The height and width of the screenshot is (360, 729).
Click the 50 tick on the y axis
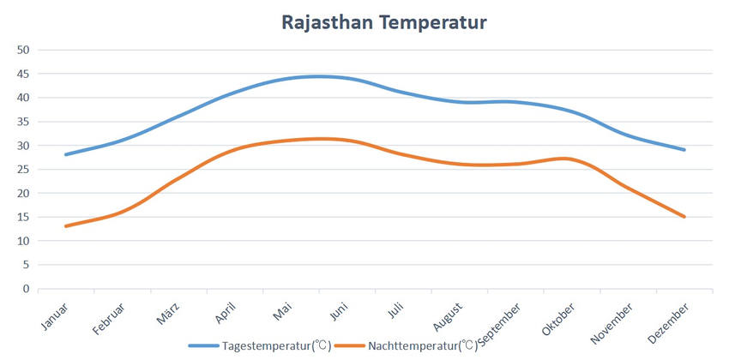[23, 50]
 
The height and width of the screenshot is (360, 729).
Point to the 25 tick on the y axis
[23, 169]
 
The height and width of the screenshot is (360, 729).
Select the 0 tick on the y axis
[27, 289]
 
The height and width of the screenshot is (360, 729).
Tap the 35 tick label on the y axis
[23, 122]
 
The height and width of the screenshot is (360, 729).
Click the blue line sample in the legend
[203, 346]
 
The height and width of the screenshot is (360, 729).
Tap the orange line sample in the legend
[350, 346]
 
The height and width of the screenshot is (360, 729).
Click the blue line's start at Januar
[65, 154]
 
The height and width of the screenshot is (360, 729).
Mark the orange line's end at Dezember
[684, 217]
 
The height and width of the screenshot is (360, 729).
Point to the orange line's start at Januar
[65, 226]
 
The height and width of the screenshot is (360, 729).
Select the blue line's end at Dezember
[684, 150]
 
